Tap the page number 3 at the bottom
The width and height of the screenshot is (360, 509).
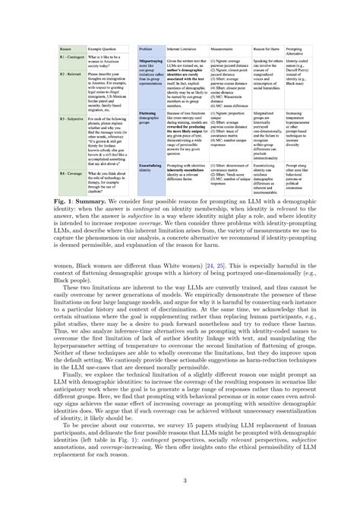[180, 479]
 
